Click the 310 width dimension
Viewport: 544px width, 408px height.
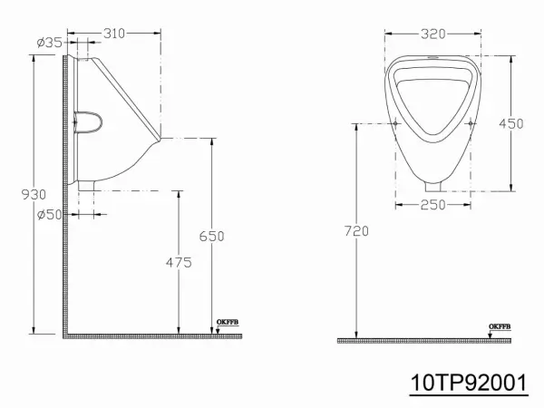(114, 34)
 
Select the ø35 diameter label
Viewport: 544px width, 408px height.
(50, 43)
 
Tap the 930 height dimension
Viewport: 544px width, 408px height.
(34, 195)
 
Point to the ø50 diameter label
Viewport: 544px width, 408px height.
(50, 215)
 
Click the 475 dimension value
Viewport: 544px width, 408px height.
(179, 263)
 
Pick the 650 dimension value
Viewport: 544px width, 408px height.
(211, 237)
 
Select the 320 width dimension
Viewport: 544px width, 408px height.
(433, 34)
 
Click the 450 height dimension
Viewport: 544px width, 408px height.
(511, 123)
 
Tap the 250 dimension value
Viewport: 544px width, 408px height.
(433, 205)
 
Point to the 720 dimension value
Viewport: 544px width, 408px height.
(356, 230)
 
